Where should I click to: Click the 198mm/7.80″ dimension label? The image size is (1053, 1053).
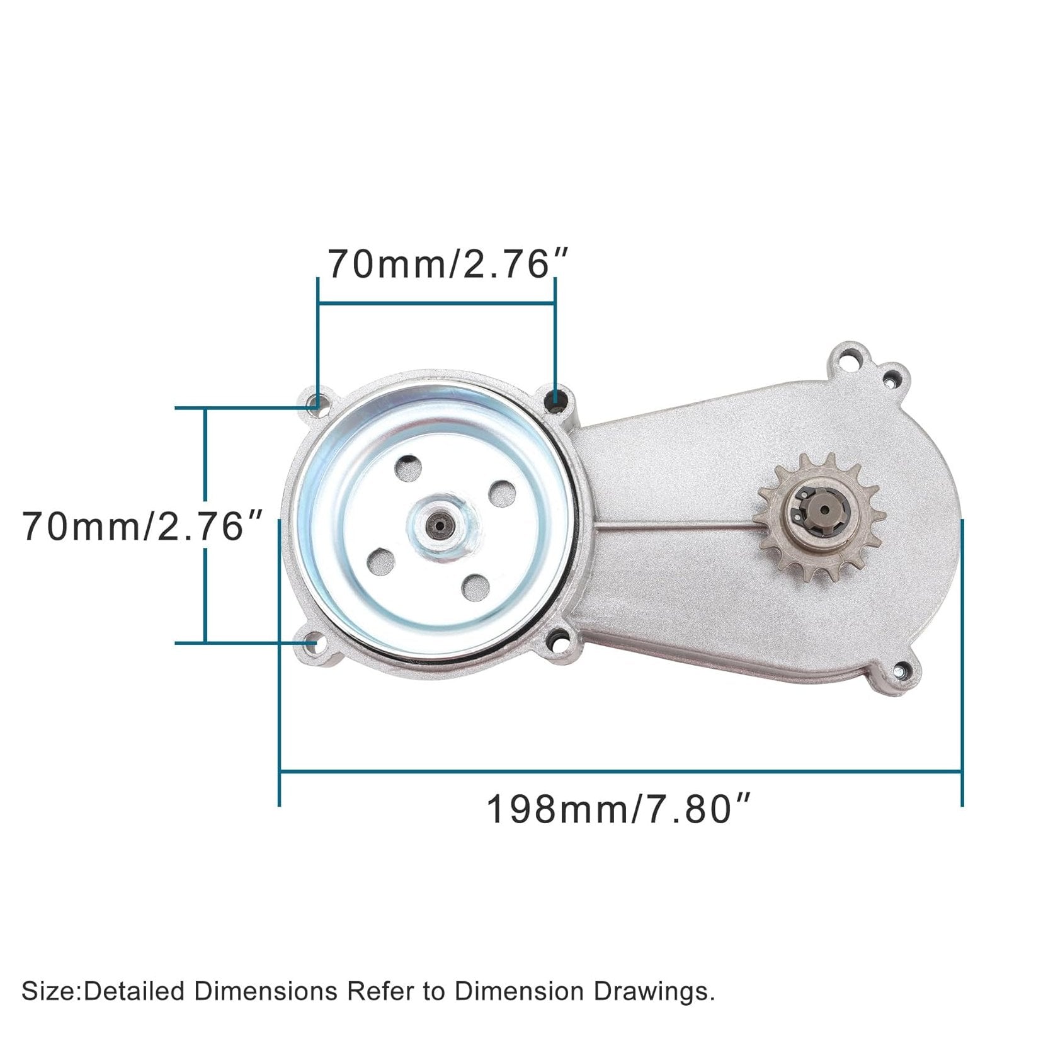click(x=619, y=809)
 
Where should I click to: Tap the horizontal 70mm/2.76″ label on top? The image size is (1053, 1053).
click(x=448, y=264)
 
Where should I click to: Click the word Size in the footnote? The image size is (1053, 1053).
click(x=48, y=991)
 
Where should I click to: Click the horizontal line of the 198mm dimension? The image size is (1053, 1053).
click(x=620, y=770)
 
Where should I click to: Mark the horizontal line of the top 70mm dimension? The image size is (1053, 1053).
click(x=436, y=304)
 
